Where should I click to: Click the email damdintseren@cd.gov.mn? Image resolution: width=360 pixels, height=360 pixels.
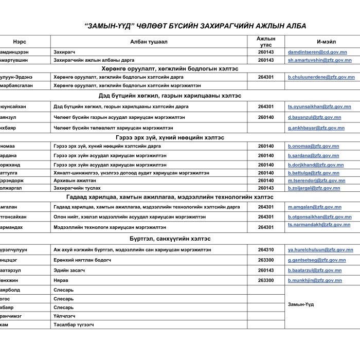click(x=317, y=52)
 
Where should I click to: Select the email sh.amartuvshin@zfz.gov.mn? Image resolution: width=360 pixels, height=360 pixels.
click(x=321, y=60)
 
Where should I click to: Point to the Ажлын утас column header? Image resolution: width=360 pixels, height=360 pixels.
click(x=266, y=42)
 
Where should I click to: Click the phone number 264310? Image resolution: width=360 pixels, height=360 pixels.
click(x=266, y=249)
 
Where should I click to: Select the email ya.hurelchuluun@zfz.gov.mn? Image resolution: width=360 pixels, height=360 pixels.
click(x=321, y=249)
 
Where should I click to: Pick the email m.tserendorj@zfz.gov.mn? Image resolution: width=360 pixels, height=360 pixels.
click(x=316, y=181)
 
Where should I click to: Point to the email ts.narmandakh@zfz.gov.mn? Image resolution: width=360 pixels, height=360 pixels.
click(x=321, y=225)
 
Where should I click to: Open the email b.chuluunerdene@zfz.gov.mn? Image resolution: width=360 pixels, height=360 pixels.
click(x=321, y=77)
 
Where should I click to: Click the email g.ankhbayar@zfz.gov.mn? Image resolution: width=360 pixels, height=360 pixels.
click(x=316, y=128)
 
